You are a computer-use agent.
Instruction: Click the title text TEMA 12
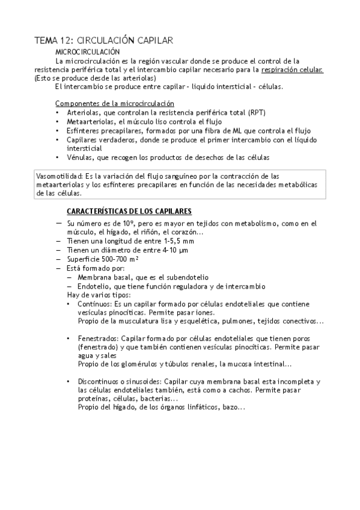53,40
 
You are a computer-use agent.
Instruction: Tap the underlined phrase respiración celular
293,69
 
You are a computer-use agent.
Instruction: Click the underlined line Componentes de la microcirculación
115,103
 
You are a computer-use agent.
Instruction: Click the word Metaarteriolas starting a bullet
90,121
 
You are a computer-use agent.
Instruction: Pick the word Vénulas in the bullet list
80,157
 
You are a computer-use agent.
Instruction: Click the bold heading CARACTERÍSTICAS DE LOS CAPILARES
129,211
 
